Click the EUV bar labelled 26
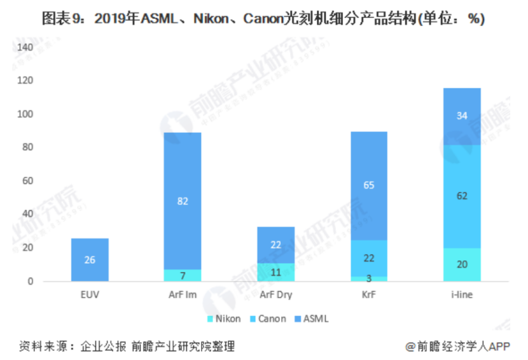tap(90, 260)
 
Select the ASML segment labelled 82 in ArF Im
tap(182, 201)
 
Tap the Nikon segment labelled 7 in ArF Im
tap(182, 275)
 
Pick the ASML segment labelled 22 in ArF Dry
tap(275, 245)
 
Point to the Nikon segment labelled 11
tap(275, 272)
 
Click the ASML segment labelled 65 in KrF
tap(368, 186)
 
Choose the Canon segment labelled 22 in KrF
tap(368, 258)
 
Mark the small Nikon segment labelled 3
tap(368, 279)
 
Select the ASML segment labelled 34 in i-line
tap(462, 116)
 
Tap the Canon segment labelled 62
tap(462, 196)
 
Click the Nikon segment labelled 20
tap(462, 265)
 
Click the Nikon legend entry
tap(224, 318)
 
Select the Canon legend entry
tap(268, 318)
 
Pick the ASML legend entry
tap(312, 318)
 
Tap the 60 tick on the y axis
tap(27, 181)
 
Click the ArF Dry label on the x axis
tap(275, 294)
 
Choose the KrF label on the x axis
tap(368, 294)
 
